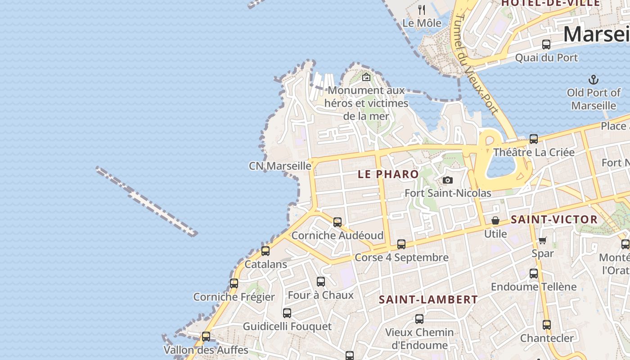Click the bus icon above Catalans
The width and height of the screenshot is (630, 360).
[265, 251]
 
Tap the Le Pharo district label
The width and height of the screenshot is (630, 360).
[388, 174]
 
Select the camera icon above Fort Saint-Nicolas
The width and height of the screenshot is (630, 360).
[447, 180]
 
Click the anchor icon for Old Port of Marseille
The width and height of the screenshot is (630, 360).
[594, 80]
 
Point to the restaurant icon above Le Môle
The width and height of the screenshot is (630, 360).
[422, 9]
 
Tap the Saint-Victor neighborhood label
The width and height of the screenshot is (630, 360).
[554, 220]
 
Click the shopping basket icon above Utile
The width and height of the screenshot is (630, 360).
[495, 220]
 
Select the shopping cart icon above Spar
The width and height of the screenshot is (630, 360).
[542, 240]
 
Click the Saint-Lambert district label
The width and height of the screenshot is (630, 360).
[428, 300]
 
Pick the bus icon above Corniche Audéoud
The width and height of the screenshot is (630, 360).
[337, 222]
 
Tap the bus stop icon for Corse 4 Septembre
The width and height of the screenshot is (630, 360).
[401, 244]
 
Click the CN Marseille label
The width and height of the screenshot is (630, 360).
[280, 166]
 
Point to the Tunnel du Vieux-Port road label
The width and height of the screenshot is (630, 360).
[474, 63]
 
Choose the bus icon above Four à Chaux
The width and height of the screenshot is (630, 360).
[321, 282]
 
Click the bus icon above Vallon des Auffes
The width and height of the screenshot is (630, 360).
[206, 336]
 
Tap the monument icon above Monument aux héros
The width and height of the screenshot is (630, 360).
[366, 77]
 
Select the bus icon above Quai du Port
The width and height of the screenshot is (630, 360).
[546, 44]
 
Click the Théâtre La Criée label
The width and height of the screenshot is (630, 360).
[534, 152]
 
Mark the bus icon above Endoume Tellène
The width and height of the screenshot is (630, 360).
[534, 273]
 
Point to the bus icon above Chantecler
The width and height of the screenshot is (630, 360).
[547, 324]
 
